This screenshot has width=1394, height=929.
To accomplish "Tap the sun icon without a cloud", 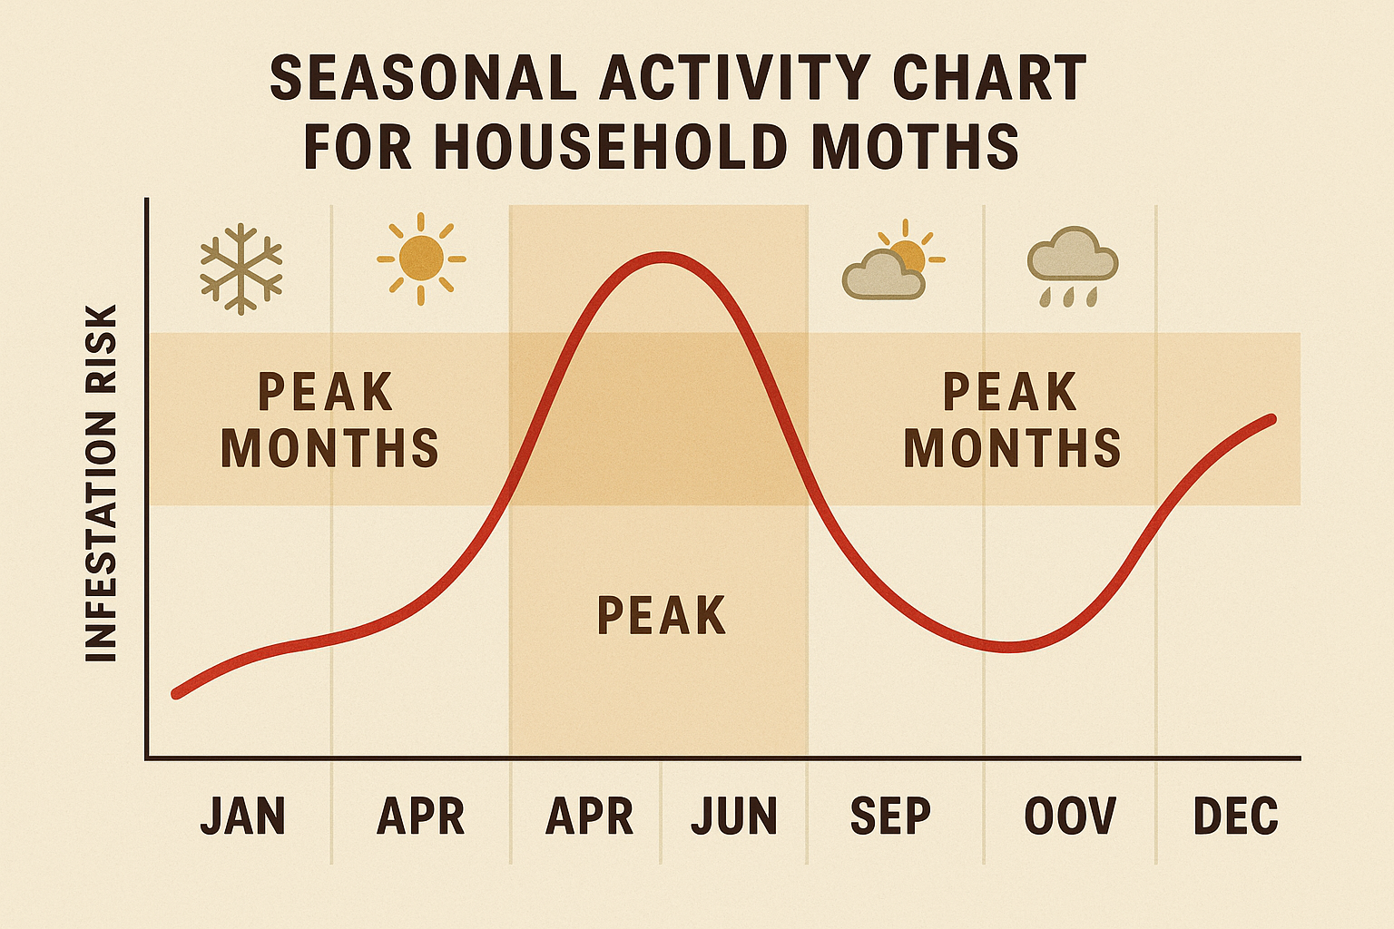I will [x=421, y=259].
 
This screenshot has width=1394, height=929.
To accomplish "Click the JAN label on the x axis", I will [x=242, y=816].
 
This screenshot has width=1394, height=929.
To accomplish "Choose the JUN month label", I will [x=734, y=816].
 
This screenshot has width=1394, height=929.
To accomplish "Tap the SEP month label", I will [x=890, y=816].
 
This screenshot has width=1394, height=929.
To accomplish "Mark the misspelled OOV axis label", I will [x=1070, y=816].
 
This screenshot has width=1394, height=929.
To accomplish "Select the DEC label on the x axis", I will [x=1235, y=816].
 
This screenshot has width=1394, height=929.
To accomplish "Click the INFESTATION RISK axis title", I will [x=101, y=483].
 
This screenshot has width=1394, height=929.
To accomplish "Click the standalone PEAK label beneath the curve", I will [x=662, y=616].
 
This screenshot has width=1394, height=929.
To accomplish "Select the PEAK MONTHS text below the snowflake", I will [x=329, y=420].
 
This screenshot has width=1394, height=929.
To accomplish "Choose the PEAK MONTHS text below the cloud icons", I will [x=1011, y=420].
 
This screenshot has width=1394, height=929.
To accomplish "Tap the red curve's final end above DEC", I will [x=1271, y=419].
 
